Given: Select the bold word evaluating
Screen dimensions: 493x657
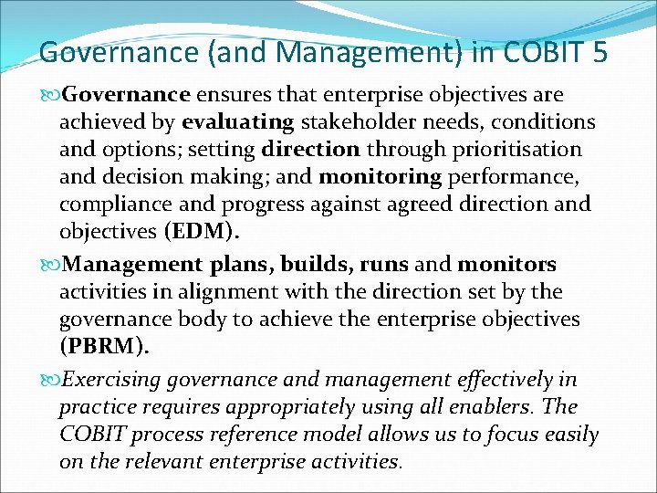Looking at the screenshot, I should [237, 121].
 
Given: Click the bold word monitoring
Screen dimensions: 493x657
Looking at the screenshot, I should [384, 176].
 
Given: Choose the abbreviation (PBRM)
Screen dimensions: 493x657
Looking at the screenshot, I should [101, 348].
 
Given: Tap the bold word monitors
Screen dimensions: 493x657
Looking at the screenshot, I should [507, 265].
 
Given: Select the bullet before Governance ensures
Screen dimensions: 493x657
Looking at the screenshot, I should [50, 95].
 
